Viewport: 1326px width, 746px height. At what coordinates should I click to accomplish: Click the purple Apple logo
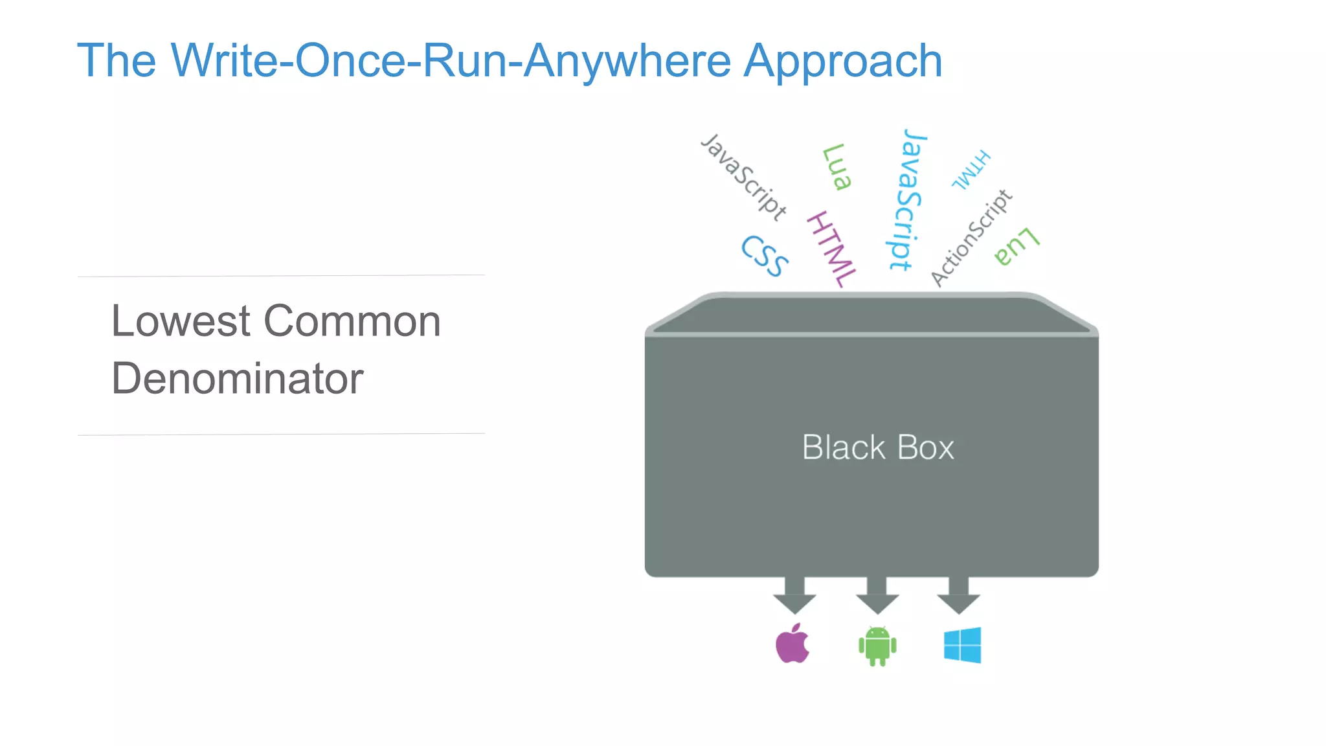[x=792, y=644]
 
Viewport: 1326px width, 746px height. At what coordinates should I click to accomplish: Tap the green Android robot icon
[x=877, y=646]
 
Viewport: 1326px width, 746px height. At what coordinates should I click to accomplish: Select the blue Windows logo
[x=962, y=645]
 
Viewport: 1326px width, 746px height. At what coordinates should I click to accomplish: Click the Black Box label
[x=878, y=447]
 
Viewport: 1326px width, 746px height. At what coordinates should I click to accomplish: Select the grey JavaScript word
[x=744, y=176]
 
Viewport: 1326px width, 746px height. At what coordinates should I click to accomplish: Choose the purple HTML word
[x=832, y=249]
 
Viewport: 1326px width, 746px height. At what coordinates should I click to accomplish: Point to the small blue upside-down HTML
[x=971, y=170]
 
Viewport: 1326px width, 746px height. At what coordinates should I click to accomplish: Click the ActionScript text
[x=971, y=238]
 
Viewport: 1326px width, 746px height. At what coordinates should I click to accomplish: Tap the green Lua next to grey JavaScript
[x=837, y=167]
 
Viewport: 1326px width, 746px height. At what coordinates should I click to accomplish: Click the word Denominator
[x=237, y=379]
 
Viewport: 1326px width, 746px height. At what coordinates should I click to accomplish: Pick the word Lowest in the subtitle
[x=181, y=321]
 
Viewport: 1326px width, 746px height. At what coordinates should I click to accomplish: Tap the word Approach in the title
[x=842, y=61]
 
